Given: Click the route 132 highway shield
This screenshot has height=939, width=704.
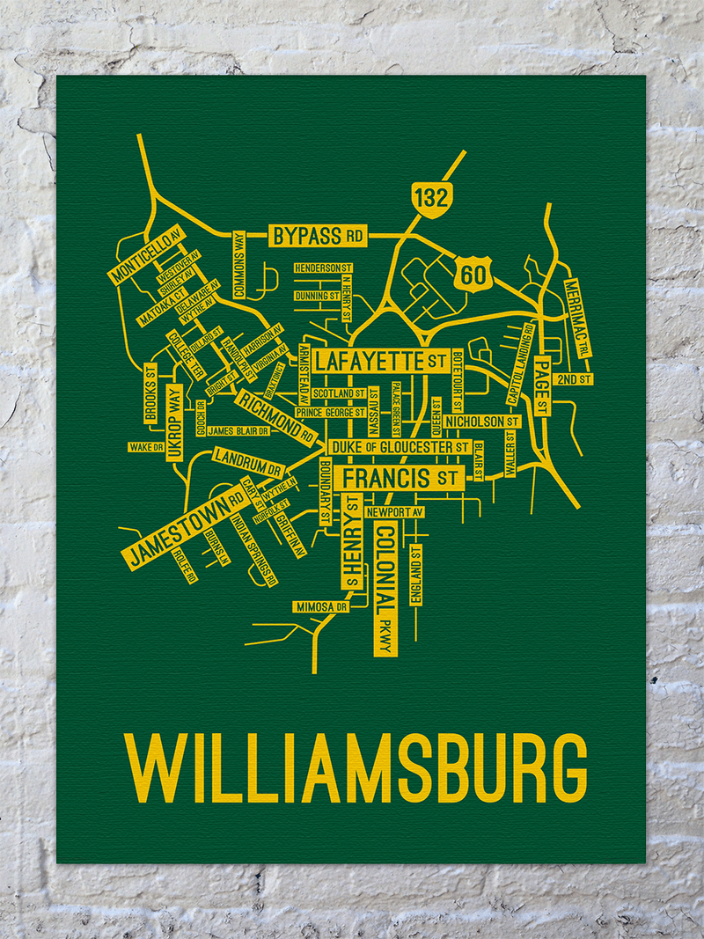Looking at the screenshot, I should point(432,199).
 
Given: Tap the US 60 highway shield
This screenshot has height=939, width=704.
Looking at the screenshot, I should point(473,275).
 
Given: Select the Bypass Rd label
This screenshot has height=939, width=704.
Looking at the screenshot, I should point(318,236).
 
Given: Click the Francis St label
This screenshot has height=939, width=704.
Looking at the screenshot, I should point(400,479).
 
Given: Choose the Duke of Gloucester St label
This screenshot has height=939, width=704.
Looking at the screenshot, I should point(400,448).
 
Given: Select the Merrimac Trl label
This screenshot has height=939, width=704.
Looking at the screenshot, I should point(576,318).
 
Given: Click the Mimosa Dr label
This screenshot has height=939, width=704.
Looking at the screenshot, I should point(321,607).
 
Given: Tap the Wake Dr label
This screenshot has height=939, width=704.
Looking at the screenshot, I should point(147,447).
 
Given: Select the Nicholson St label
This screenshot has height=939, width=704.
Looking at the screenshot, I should point(481,422).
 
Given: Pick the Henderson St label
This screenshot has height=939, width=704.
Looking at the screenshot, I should point(324,267).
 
